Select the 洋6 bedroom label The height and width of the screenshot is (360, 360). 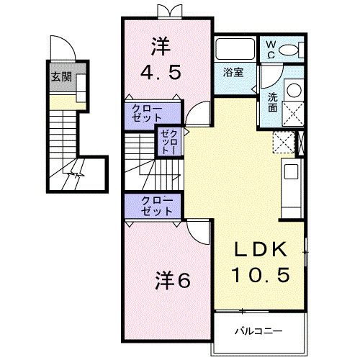pos(173,280)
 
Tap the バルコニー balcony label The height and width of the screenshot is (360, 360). pos(258,332)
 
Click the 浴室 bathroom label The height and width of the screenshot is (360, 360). pos(233,72)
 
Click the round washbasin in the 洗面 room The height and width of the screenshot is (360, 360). pos(294,90)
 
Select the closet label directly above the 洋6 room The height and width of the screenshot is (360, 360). pos(156,206)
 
